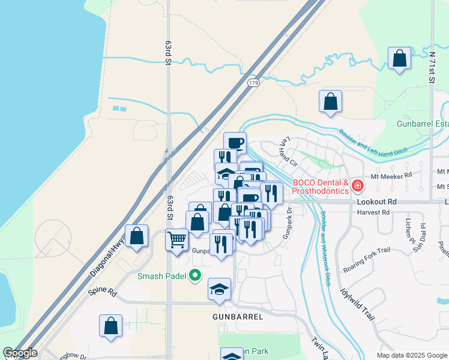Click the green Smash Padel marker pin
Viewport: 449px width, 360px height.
[195, 276]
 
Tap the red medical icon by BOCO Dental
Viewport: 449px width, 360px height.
[358, 186]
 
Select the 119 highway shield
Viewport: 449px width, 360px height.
[253, 84]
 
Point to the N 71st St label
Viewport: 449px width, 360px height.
[432, 67]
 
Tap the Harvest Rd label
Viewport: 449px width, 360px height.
[373, 212]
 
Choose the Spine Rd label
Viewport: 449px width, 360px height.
[101, 292]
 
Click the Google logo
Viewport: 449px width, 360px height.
[20, 353]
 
